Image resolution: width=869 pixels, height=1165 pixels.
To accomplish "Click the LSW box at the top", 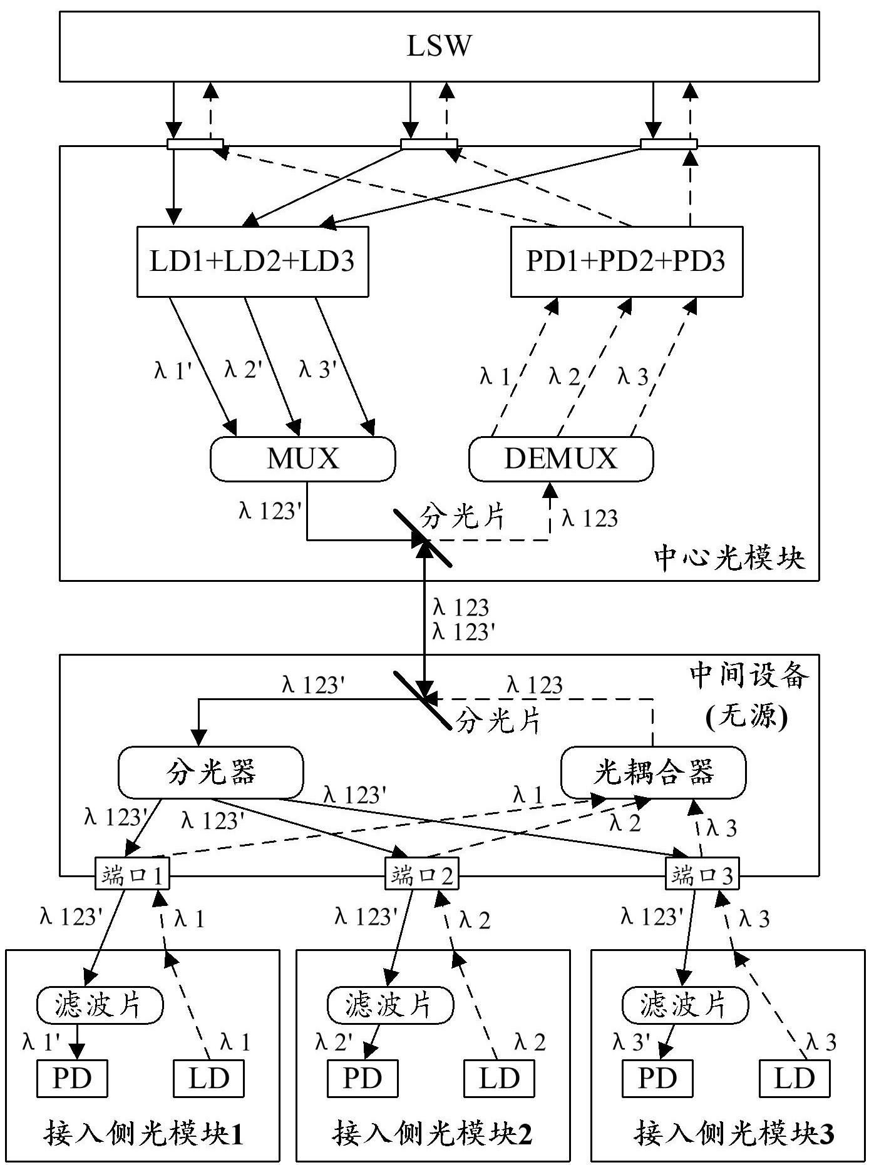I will click(439, 46).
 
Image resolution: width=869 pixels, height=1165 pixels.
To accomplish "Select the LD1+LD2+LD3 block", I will click(252, 261).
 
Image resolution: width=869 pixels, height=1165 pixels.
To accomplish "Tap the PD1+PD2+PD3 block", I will click(627, 261).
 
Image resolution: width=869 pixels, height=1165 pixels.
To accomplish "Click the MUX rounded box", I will click(303, 459).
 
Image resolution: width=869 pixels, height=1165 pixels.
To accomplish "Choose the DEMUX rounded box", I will click(561, 459).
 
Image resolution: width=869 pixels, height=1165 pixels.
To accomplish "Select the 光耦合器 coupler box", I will click(653, 773).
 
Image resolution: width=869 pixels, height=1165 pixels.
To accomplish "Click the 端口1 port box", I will click(132, 875).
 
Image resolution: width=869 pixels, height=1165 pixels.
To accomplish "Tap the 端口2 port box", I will click(421, 875).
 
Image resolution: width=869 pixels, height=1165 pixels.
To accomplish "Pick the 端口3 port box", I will click(702, 875).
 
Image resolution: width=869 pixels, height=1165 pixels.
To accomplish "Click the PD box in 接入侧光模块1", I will click(72, 1078).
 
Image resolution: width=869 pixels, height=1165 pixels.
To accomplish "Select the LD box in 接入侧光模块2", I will click(499, 1078).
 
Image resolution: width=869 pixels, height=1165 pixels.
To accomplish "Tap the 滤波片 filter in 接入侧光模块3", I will click(684, 1005).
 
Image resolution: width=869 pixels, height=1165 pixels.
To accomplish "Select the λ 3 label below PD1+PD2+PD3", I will click(632, 377).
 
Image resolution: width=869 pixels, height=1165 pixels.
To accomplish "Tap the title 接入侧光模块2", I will click(433, 1133).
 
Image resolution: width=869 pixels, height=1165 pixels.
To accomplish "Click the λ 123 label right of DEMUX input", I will click(590, 518).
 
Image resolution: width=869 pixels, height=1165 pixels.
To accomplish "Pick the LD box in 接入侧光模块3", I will click(794, 1078).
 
